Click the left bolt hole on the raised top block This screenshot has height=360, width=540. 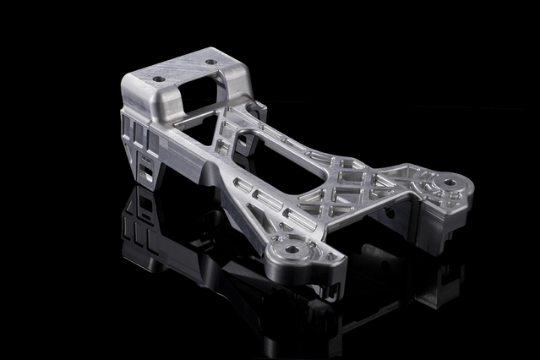157,79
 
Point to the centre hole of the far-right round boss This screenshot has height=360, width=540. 449,181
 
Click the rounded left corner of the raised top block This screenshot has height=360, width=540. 127,85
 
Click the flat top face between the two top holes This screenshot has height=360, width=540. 182,71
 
